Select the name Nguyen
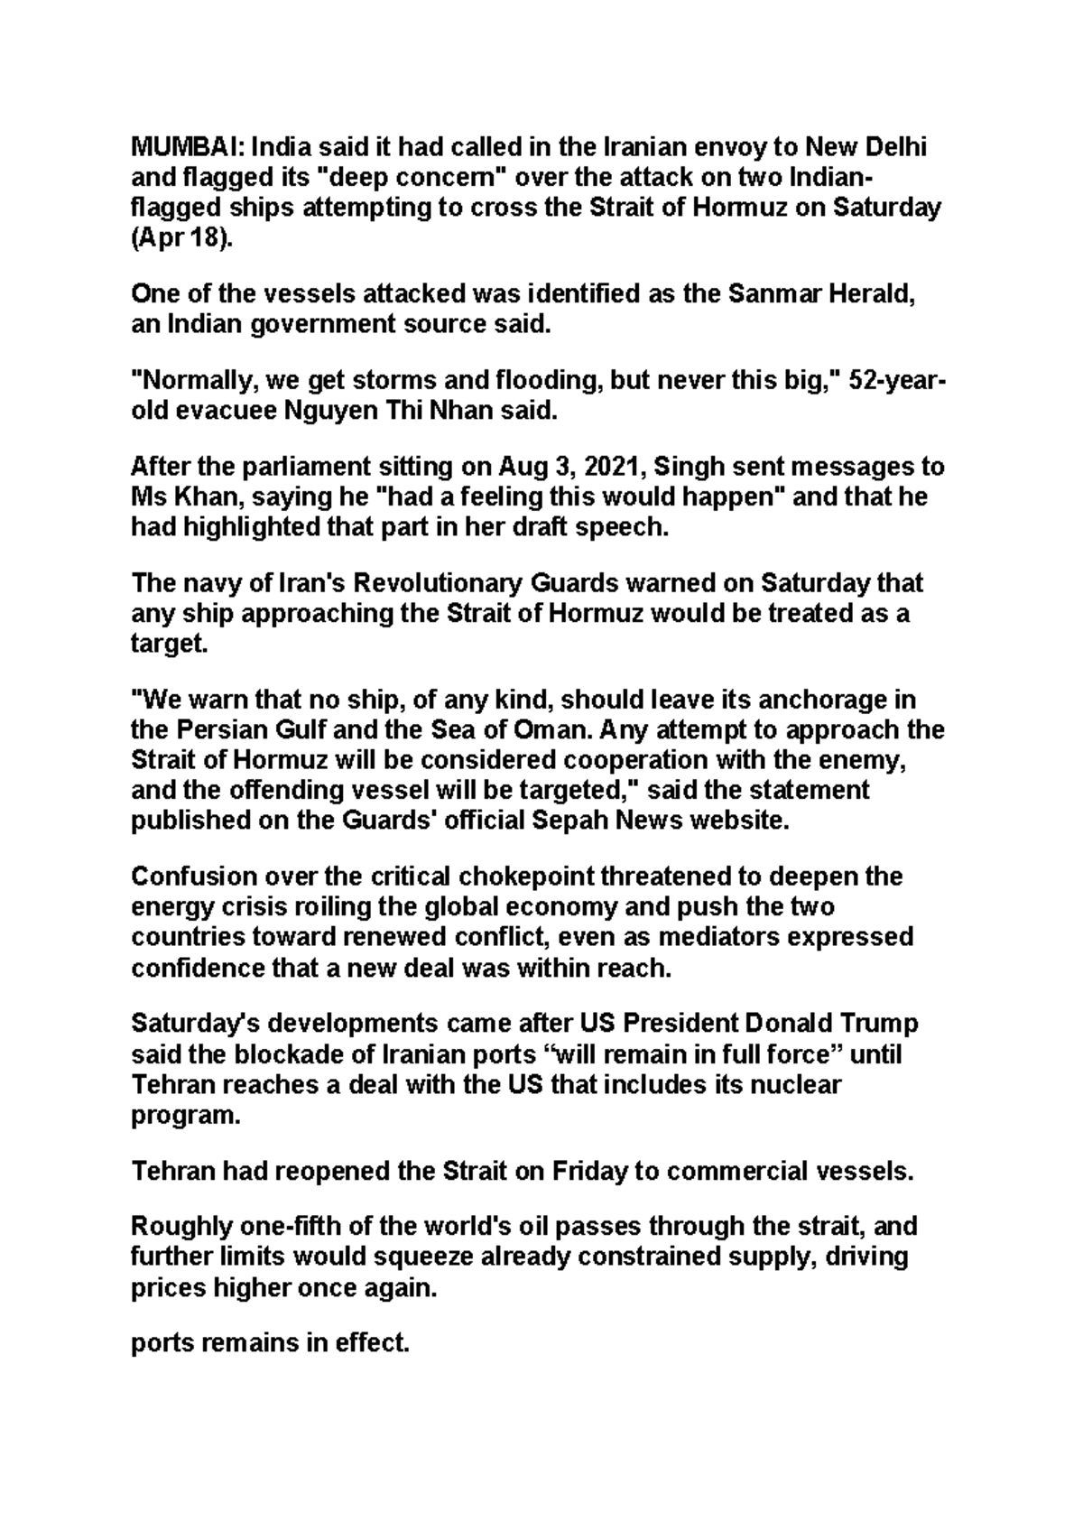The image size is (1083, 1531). (333, 412)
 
